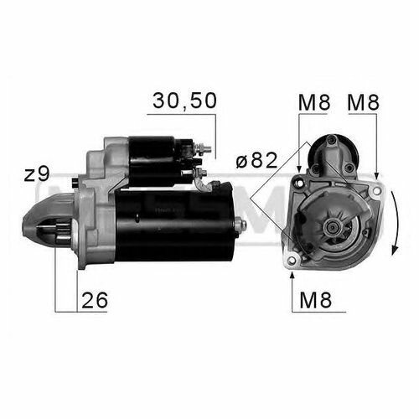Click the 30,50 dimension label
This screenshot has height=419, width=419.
pyautogui.click(x=184, y=101)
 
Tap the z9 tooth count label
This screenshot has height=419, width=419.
pyautogui.click(x=37, y=173)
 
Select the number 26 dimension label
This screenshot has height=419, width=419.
pyautogui.click(x=95, y=300)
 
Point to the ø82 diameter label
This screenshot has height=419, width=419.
pyautogui.click(x=256, y=160)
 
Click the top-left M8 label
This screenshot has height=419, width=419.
pyautogui.click(x=314, y=102)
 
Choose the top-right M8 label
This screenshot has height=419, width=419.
pyautogui.click(x=364, y=102)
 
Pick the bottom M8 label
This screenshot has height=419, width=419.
pyautogui.click(x=316, y=300)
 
